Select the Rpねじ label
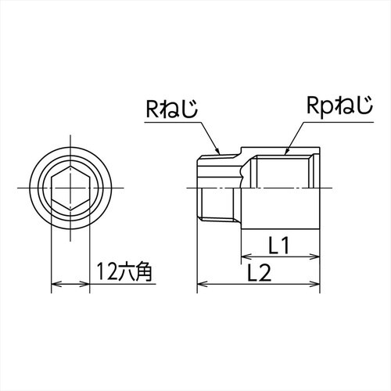click(335, 107)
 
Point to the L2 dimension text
click(258, 273)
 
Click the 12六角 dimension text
click(124, 273)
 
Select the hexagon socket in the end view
click(71, 188)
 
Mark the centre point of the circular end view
click(71, 188)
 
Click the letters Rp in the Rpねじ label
click(317, 107)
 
